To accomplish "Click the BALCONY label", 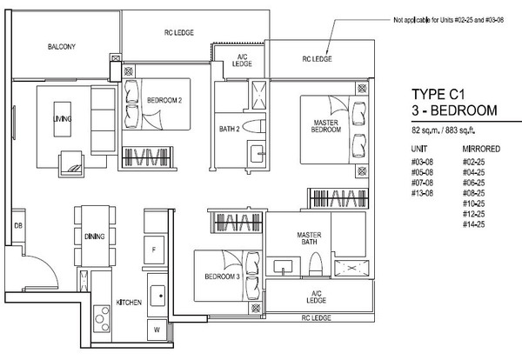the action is click(x=62, y=47).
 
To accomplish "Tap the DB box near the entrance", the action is click(x=18, y=226).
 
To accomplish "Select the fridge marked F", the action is click(x=154, y=250).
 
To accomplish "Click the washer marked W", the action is click(x=157, y=330).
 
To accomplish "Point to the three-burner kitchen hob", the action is click(x=102, y=319).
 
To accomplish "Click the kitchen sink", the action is click(x=157, y=296).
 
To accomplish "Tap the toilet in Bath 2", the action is click(x=254, y=126).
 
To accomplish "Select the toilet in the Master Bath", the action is click(x=316, y=263).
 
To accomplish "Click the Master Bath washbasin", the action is click(x=283, y=267).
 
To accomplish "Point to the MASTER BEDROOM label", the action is click(x=326, y=126).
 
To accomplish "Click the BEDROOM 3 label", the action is click(x=222, y=277).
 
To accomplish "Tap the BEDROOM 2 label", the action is click(x=164, y=100).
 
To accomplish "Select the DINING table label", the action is click(x=95, y=237).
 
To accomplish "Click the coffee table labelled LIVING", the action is click(x=63, y=119).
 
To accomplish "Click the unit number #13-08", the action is click(x=422, y=193).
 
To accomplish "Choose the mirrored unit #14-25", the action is click(x=473, y=224).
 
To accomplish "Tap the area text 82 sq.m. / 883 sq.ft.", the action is click(x=443, y=130).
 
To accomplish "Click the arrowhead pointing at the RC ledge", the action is click(x=328, y=51).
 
